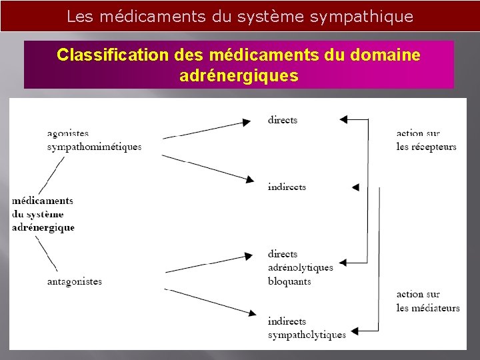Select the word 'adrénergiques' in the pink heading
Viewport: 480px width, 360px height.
tap(239, 76)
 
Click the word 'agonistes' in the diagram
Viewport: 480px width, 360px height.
tap(68, 133)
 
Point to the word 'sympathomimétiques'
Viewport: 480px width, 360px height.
tap(95, 147)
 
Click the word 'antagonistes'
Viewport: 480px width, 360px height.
tap(75, 281)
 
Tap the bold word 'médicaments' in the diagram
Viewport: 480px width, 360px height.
tap(43, 201)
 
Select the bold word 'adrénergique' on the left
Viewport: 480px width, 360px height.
tap(43, 227)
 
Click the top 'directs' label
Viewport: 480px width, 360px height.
tap(283, 120)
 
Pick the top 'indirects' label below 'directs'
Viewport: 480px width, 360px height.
tap(287, 187)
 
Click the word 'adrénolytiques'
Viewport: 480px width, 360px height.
tap(301, 267)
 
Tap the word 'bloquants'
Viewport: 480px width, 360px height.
tap(289, 281)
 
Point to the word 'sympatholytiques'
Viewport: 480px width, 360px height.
tap(307, 335)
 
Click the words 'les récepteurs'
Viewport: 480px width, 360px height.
tap(427, 147)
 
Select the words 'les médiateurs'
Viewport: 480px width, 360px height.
tap(428, 308)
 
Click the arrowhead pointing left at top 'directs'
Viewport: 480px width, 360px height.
tap(343, 120)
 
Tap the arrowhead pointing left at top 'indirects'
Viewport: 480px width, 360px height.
tap(355, 187)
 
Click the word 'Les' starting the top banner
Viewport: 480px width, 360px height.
tap(80, 17)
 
